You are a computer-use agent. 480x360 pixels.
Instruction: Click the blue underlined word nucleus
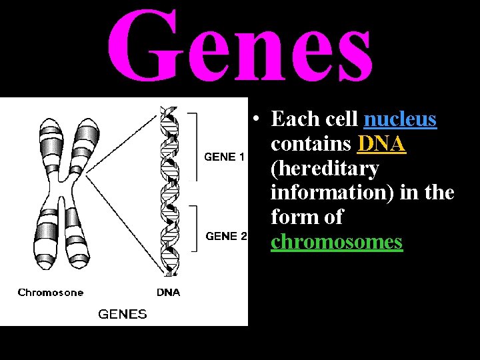click(x=400, y=120)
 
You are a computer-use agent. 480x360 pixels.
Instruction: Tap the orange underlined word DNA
click(x=382, y=144)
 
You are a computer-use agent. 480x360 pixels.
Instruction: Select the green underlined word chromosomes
click(x=337, y=241)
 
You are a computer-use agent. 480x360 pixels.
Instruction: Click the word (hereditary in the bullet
click(x=325, y=169)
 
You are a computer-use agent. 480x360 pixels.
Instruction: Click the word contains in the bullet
click(x=311, y=144)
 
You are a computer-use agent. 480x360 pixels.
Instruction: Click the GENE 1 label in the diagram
click(x=224, y=157)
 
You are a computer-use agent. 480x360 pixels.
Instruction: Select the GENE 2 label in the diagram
click(x=226, y=236)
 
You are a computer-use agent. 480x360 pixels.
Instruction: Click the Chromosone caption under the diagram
click(x=51, y=292)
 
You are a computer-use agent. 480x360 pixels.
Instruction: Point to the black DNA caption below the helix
click(x=168, y=292)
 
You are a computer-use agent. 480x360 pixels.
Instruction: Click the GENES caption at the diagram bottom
click(x=123, y=313)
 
